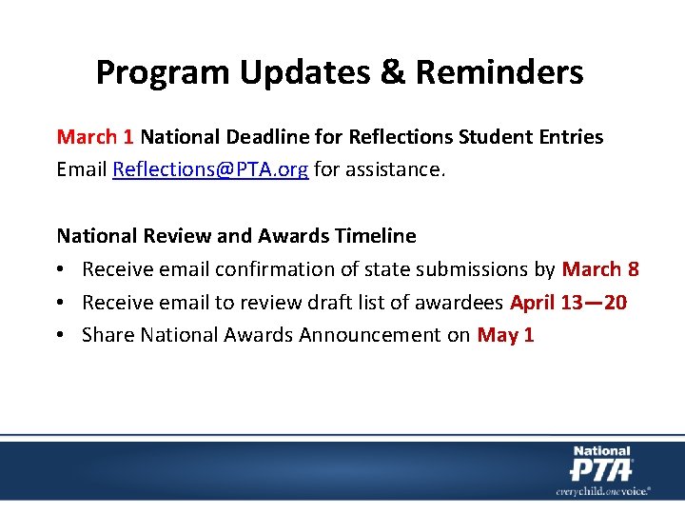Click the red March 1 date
[95, 136]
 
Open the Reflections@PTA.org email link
[210, 169]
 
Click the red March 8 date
[600, 269]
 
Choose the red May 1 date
[505, 335]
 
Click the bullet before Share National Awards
[63, 335]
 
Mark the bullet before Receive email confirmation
[63, 269]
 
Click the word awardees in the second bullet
[464, 303]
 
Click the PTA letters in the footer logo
[600, 470]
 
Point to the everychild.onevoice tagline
[603, 490]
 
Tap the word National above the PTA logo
[601, 451]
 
